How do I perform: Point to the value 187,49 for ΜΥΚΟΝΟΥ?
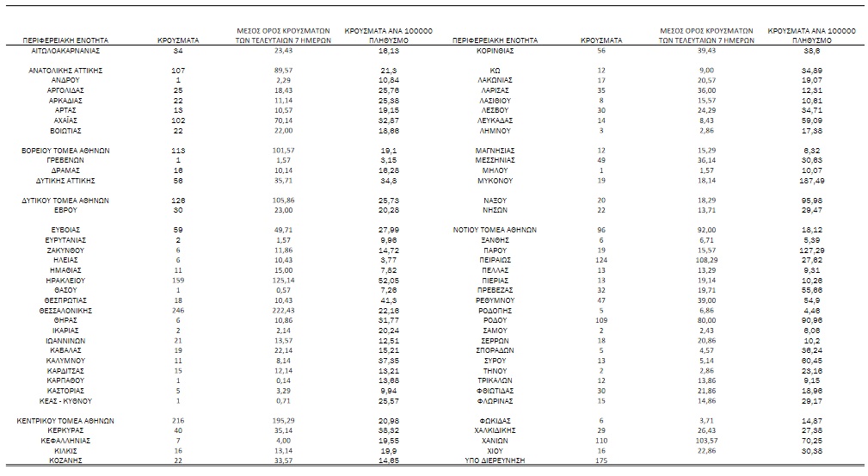coord(810,182)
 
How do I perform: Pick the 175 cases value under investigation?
coord(601,461)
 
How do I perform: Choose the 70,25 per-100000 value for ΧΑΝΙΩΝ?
coord(810,440)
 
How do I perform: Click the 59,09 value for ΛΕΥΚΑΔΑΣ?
coord(810,121)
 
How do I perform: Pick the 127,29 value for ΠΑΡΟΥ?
coord(810,250)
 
